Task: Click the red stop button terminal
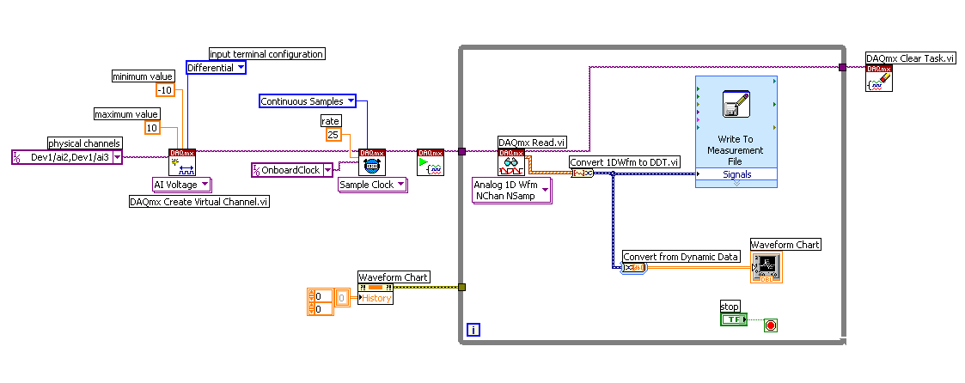(x=770, y=325)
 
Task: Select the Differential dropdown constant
(x=216, y=68)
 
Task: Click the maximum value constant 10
(x=152, y=128)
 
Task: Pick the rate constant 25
(x=333, y=135)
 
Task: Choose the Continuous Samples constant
(x=307, y=101)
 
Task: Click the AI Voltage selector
(x=180, y=184)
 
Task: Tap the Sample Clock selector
(x=372, y=185)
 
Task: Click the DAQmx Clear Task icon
(x=879, y=78)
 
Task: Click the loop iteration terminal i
(x=472, y=329)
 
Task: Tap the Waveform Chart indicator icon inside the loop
(x=767, y=267)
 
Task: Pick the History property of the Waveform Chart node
(x=376, y=298)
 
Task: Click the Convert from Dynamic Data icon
(x=633, y=267)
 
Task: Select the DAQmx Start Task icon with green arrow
(x=430, y=162)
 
